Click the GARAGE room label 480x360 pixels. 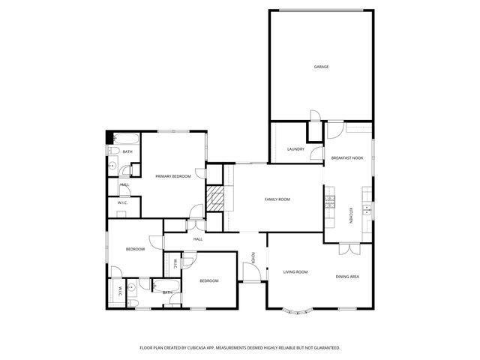coord(321,67)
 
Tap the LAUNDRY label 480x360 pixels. coord(295,149)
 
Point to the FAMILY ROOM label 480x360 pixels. coord(277,199)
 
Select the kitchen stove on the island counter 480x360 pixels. coord(328,202)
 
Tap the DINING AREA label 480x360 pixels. coord(346,277)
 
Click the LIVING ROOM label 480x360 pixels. coord(295,272)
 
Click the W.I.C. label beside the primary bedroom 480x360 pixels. coord(122,202)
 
